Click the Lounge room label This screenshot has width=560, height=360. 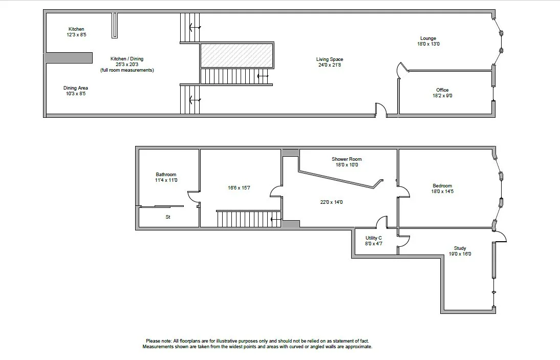[428, 38]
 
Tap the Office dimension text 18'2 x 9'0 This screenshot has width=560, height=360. [442, 96]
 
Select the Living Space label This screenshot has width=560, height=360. [329, 59]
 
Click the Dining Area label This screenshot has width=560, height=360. [75, 88]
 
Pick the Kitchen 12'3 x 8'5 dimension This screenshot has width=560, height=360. [76, 35]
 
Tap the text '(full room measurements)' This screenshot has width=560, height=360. [127, 70]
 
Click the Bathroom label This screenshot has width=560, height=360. [166, 175]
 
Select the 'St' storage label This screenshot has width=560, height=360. [167, 217]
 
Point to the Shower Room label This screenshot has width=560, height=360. [347, 159]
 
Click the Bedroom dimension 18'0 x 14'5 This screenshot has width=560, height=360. [442, 192]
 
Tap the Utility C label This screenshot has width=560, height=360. [373, 238]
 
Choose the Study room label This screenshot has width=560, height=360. [460, 248]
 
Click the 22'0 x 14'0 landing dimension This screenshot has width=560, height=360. [331, 202]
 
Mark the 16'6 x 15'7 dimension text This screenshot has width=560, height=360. [239, 188]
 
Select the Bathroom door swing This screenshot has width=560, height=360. [193, 198]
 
